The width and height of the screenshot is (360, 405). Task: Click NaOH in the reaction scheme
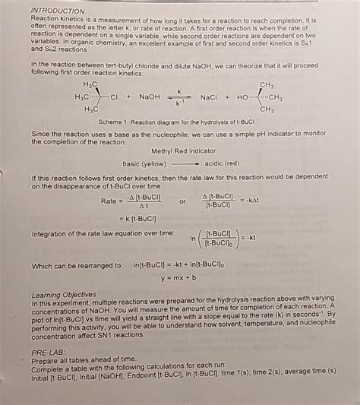(149, 97)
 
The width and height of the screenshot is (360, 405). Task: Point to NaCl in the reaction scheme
(208, 97)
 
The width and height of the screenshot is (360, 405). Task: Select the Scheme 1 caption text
(177, 122)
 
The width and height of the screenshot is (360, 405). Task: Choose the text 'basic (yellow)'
(144, 163)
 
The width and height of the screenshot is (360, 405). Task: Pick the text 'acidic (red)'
(222, 163)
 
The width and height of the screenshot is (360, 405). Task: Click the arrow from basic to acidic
(185, 163)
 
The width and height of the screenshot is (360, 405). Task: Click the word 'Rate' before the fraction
(110, 201)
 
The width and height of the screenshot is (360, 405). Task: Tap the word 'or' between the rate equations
(182, 201)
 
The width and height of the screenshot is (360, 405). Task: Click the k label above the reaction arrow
(178, 90)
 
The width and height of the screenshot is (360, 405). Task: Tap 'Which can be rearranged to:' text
(77, 266)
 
